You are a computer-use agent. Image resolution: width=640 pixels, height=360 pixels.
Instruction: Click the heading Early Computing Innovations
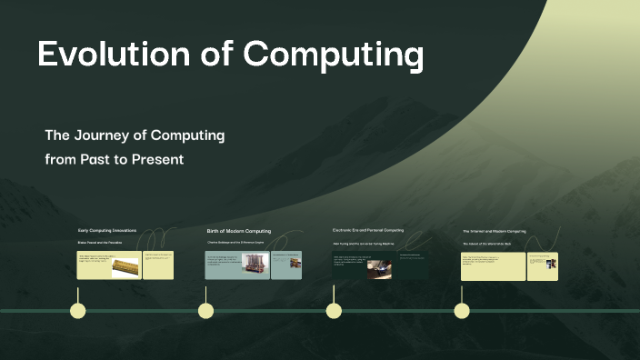[x=107, y=231]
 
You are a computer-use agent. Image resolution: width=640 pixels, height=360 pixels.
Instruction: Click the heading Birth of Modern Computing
[x=238, y=231]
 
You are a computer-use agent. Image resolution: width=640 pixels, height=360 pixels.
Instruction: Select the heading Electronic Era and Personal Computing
[x=368, y=231]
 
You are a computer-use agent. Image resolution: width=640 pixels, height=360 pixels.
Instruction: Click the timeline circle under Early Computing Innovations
[x=78, y=311]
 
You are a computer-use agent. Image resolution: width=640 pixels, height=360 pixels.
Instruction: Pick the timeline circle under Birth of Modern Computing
[x=206, y=311]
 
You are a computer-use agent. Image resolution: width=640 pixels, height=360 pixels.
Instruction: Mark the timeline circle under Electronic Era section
[x=334, y=311]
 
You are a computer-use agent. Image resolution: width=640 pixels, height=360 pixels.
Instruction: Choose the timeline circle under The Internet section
[x=462, y=311]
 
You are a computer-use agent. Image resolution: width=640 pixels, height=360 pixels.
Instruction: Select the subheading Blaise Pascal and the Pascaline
[x=99, y=244]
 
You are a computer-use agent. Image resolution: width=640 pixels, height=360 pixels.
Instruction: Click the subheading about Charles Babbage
[x=235, y=244]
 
